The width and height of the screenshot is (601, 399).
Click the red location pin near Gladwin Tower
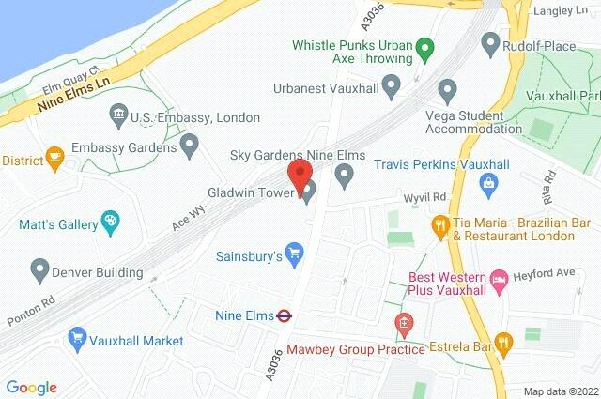pyautogui.click(x=299, y=173)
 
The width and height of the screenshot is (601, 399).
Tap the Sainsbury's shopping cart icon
pyautogui.click(x=295, y=252)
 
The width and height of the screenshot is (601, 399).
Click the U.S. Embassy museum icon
pyautogui.click(x=118, y=116)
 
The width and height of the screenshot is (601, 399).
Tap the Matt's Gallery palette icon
pyautogui.click(x=111, y=224)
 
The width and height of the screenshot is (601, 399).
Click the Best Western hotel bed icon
pyautogui.click(x=499, y=279)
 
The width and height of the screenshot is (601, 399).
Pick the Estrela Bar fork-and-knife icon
pyautogui.click(x=504, y=345)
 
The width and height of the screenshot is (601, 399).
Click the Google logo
pyautogui.click(x=31, y=387)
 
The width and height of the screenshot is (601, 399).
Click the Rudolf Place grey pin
pyautogui.click(x=489, y=42)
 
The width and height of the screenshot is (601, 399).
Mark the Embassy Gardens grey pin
pyautogui.click(x=190, y=146)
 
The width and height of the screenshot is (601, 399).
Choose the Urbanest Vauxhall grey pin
pyautogui.click(x=393, y=85)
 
